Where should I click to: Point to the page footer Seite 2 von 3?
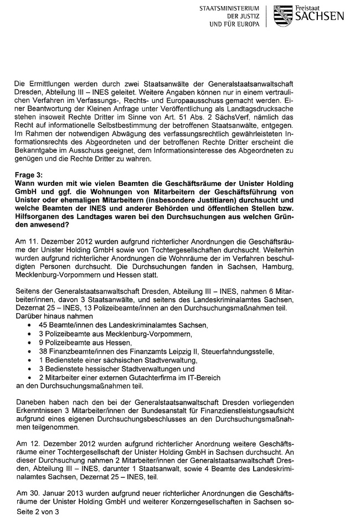click(x=37, y=512)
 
